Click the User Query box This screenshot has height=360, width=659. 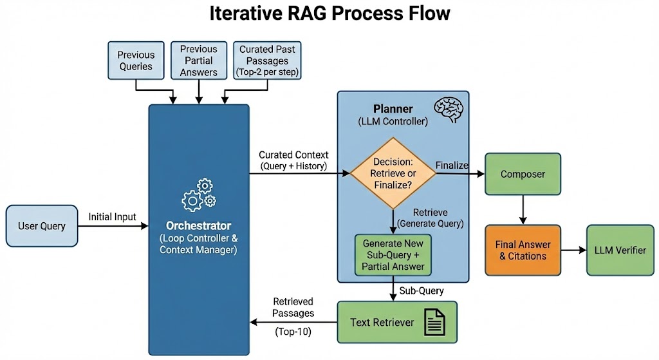pyautogui.click(x=42, y=226)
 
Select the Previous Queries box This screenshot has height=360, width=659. pyautogui.click(x=135, y=61)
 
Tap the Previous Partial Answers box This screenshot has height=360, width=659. pyautogui.click(x=198, y=61)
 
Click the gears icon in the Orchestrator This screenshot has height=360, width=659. pyautogui.click(x=199, y=195)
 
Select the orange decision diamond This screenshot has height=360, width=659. pyautogui.click(x=393, y=173)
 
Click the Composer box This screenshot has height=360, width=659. pyautogui.click(x=523, y=174)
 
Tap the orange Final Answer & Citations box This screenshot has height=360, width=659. pyautogui.click(x=523, y=250)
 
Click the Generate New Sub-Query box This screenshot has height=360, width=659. pyautogui.click(x=393, y=255)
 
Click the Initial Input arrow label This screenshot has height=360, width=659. pyautogui.click(x=112, y=217)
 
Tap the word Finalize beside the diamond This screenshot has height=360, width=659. pyautogui.click(x=452, y=166)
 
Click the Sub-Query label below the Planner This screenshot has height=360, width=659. pyautogui.click(x=422, y=291)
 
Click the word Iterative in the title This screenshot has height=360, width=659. pyautogui.click(x=247, y=14)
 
